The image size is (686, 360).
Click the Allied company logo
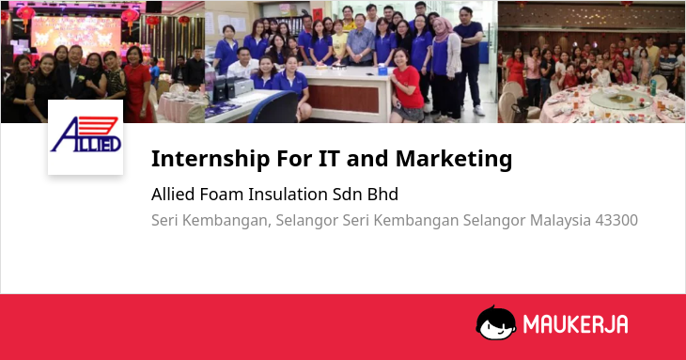click(86, 137)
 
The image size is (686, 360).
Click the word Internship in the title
click(210, 159)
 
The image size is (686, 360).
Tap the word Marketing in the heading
click(454, 158)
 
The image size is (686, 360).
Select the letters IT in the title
click(329, 158)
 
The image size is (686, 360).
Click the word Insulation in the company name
click(288, 195)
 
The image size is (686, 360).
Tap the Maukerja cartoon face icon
click(495, 322)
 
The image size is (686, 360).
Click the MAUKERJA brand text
click(576, 324)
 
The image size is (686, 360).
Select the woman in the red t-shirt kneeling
click(407, 87)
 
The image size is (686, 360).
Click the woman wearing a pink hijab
click(444, 69)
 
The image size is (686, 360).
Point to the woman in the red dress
click(138, 85)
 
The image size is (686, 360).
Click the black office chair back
click(274, 107)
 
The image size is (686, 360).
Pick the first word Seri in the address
click(164, 220)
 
